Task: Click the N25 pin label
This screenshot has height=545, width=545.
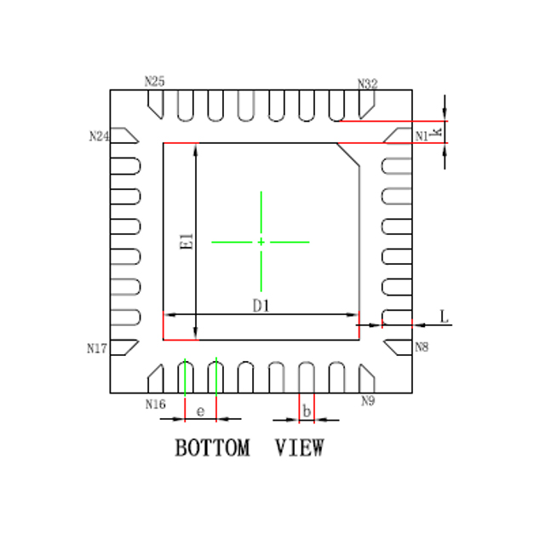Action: click(x=155, y=82)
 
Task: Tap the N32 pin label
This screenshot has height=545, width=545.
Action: click(x=368, y=83)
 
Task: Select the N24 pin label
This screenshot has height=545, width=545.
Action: click(x=100, y=136)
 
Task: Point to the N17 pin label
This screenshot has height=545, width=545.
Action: click(x=97, y=348)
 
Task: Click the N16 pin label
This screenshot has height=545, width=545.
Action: click(x=155, y=404)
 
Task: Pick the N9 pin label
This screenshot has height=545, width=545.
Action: click(x=368, y=401)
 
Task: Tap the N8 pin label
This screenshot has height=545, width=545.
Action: click(x=422, y=347)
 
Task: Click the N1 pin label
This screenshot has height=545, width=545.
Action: click(x=422, y=136)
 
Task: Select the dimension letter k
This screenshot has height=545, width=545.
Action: click(x=436, y=132)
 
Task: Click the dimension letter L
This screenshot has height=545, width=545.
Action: click(x=445, y=317)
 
